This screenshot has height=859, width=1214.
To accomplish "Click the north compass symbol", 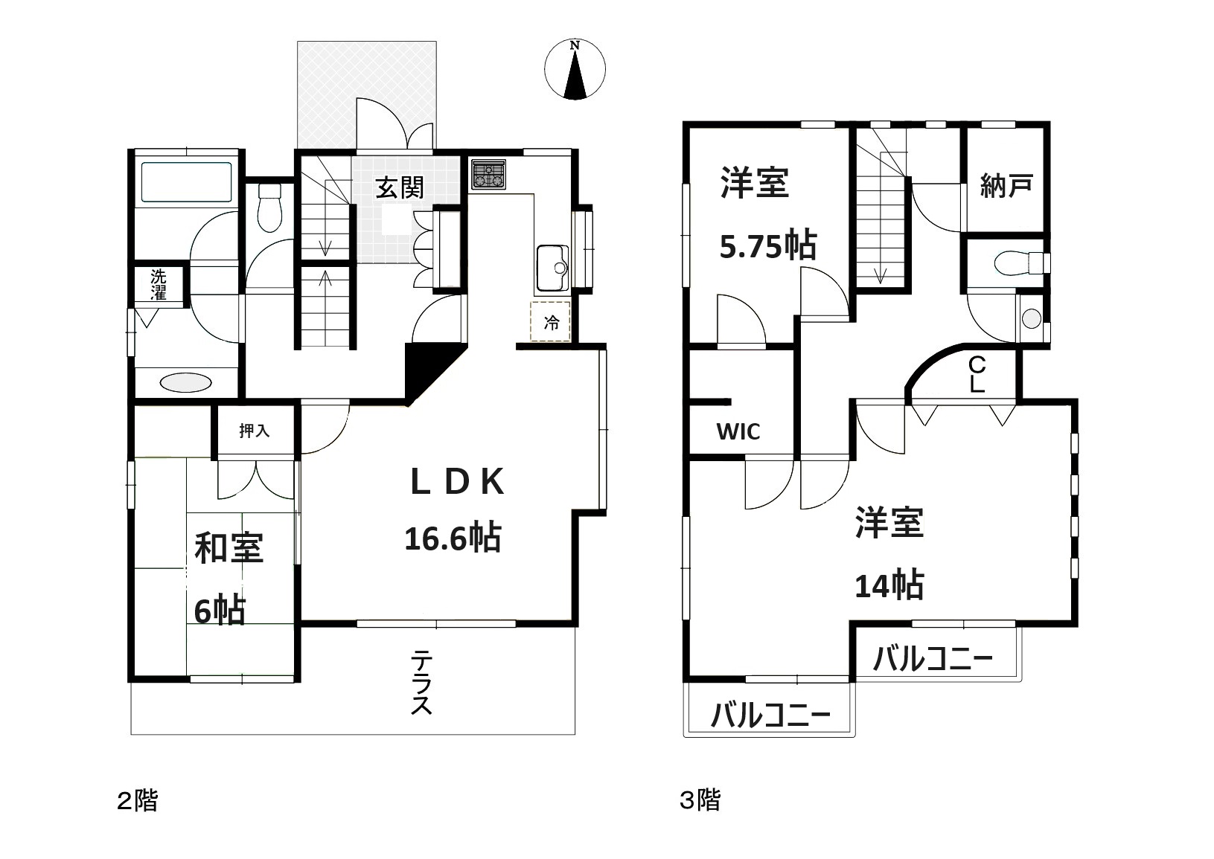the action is point(575,70).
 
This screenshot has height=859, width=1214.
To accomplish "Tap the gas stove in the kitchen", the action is point(488,174).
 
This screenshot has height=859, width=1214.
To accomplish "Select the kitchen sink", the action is point(552,268).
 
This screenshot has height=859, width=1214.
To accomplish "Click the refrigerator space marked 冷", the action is point(551,322).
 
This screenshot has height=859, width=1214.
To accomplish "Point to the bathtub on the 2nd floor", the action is point(186,182).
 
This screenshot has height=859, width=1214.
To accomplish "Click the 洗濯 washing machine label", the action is point(159,284).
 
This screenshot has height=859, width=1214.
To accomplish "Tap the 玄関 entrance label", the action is point(400,188).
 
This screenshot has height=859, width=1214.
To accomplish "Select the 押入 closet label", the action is point(254,431).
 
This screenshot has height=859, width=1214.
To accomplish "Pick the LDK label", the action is point(458,481).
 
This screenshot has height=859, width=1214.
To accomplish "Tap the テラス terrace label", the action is point(421,683).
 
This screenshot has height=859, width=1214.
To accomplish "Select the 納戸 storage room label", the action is point(1006,186).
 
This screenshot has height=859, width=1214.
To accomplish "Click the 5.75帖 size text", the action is point(768,245).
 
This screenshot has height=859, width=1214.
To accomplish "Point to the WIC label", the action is point(738,431).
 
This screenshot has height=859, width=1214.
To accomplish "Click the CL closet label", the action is point(977,374).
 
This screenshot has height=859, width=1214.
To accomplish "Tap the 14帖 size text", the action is point(889,585).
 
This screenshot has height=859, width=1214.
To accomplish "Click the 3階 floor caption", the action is point(700,800).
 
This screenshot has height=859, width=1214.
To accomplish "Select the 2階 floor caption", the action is point(138,801).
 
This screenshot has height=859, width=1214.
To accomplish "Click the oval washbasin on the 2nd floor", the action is point(186,383).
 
